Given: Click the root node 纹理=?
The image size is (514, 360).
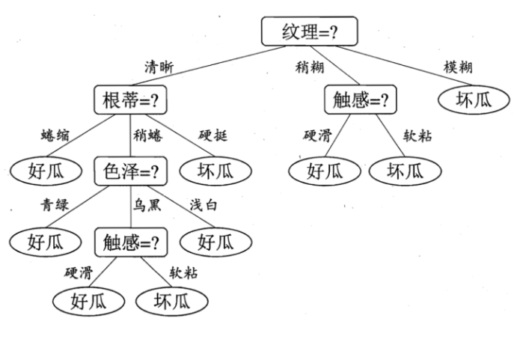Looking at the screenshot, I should pyautogui.click(x=310, y=31).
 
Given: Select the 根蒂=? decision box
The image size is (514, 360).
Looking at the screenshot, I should pyautogui.click(x=130, y=100).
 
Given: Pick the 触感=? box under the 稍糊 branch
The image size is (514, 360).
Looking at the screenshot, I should pyautogui.click(x=360, y=100).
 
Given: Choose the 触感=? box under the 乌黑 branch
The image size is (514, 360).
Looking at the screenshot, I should pyautogui.click(x=130, y=241).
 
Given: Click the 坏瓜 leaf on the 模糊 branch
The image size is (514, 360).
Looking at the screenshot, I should pyautogui.click(x=474, y=100).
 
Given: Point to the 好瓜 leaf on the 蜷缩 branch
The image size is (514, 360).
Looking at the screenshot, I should pyautogui.click(x=46, y=171).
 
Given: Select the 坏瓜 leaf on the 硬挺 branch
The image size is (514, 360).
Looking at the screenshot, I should pyautogui.click(x=215, y=171).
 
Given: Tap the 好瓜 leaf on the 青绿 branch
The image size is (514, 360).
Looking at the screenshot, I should pyautogui.click(x=46, y=241).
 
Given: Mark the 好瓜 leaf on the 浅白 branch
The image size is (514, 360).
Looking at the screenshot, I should pyautogui.click(x=215, y=241).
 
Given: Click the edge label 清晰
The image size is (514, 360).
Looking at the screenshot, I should pyautogui.click(x=159, y=68).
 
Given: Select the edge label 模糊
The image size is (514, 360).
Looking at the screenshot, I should pyautogui.click(x=457, y=68).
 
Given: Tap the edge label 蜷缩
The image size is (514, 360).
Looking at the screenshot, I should pyautogui.click(x=56, y=137).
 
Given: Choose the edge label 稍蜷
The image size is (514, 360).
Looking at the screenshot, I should pyautogui.click(x=148, y=137).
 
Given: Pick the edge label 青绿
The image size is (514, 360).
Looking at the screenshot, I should pyautogui.click(x=56, y=204).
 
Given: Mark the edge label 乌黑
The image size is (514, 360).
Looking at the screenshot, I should pyautogui.click(x=148, y=204).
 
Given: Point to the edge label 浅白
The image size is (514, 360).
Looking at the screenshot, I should pyautogui.click(x=203, y=204).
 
